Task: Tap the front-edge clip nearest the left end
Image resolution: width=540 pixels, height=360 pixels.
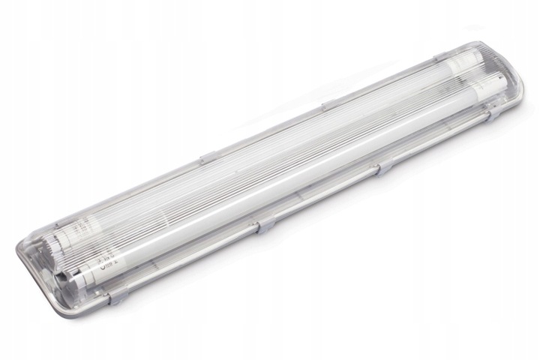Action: (119, 297)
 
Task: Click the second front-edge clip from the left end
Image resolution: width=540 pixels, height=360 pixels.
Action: (264, 226)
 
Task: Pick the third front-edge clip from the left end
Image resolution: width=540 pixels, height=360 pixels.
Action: (385, 167)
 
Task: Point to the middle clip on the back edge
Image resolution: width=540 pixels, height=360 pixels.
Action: (328, 106)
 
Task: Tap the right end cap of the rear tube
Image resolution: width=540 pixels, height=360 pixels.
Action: (450, 64)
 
